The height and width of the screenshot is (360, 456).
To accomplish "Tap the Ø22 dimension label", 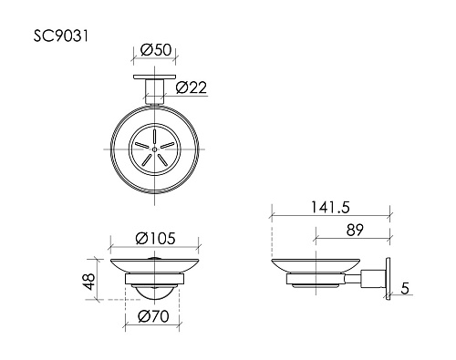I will (191, 87).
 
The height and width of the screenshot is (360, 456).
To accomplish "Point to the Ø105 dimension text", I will (156, 239).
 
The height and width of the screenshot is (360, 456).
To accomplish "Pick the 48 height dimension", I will (87, 280).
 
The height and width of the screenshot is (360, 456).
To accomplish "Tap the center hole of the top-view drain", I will (155, 147).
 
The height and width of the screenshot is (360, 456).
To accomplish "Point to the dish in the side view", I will (316, 271).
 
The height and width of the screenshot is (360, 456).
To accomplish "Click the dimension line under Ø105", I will (156, 248).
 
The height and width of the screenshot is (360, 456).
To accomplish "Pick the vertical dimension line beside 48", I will (98, 280).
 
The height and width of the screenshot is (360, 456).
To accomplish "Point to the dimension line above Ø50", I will (155, 58).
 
